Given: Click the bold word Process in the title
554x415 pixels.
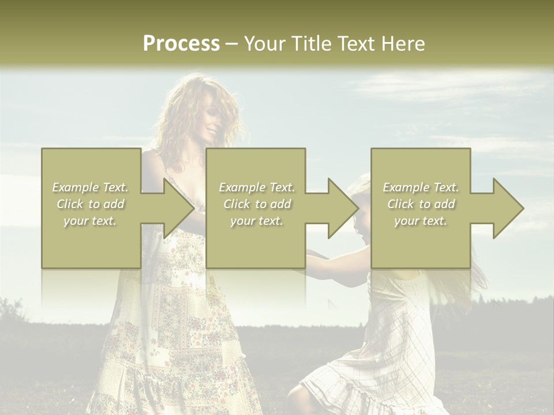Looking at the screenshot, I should click(181, 44).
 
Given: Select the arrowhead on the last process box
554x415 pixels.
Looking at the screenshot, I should click(507, 208).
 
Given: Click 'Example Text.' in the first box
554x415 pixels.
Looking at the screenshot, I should click(91, 187).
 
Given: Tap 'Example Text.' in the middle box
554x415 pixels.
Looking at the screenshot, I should click(257, 187).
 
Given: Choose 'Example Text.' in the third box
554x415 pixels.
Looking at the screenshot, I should click(421, 187).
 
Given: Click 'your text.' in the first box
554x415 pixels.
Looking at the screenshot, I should click(90, 221).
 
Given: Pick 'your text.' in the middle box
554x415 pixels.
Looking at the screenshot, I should click(256, 221).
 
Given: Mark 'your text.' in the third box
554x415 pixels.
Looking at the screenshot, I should click(420, 221).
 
